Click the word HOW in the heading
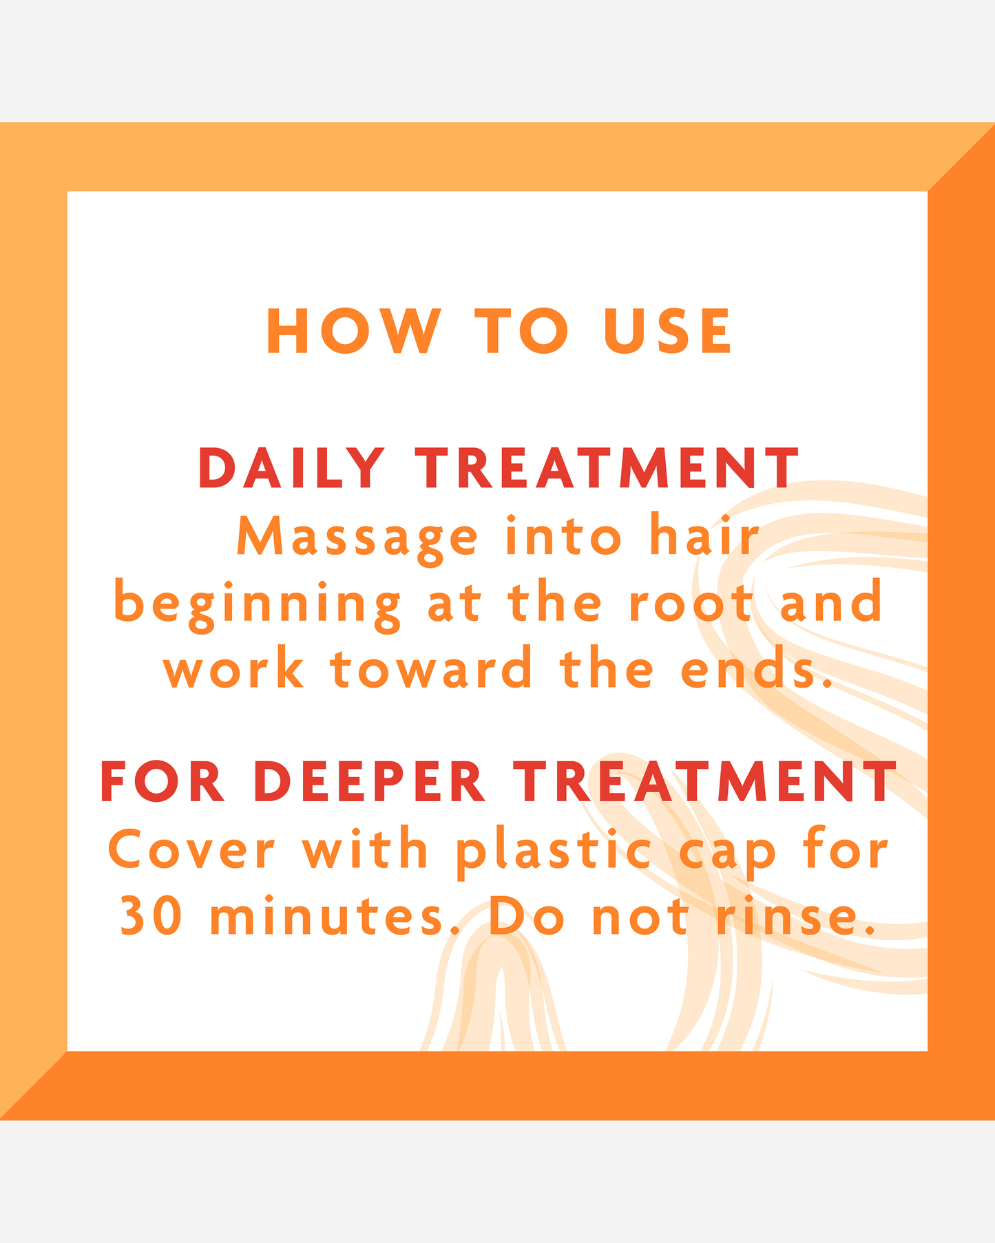coord(353,331)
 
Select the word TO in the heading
coord(523,331)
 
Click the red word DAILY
coord(291,468)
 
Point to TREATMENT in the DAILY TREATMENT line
coord(607,468)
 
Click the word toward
coord(432,668)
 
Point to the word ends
coord(756,668)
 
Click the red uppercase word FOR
coord(163,782)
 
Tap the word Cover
coord(191,849)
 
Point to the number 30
coord(151,916)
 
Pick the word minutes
coord(328,916)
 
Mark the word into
coord(563,535)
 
